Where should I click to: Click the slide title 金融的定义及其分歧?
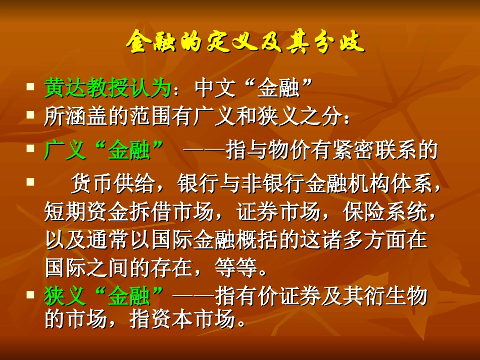(x=245, y=42)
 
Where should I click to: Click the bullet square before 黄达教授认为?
(x=31, y=87)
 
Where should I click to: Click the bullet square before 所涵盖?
(x=31, y=116)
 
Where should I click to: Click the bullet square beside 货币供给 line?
(x=31, y=180)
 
